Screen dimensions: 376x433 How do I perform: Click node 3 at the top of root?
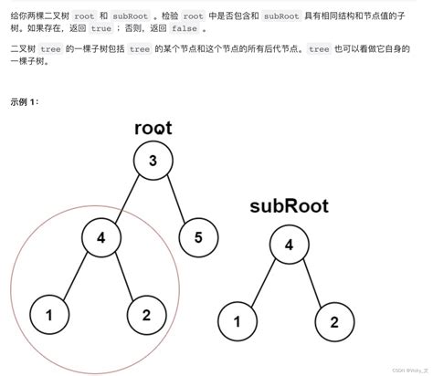[153, 162]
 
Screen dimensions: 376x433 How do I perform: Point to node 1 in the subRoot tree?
[238, 321]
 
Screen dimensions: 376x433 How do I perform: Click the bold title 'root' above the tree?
[153, 127]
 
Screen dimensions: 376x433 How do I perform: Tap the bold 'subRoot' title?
[289, 205]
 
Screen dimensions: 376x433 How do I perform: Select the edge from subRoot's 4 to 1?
[264, 283]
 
